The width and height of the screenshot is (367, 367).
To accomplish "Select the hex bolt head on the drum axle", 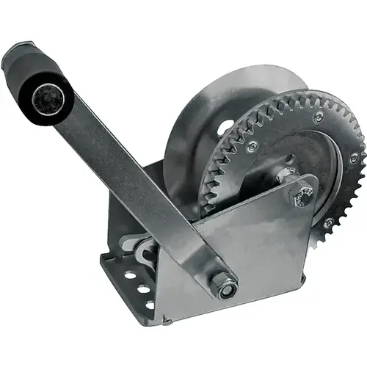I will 302,195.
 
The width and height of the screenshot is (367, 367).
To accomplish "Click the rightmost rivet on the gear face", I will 354,157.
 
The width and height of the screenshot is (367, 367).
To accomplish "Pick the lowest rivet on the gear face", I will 328,222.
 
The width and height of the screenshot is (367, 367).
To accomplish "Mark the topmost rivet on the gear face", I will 318,117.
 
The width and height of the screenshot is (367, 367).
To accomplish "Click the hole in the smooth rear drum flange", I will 225,126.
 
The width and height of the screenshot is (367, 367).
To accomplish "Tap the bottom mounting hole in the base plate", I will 150,304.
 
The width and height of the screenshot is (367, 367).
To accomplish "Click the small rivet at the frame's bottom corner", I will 168,321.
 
